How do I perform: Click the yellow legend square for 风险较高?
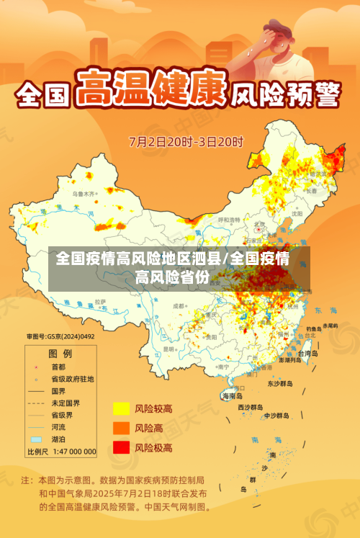pos(120,408)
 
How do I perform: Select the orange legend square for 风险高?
pos(120,428)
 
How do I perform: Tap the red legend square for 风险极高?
pos(120,447)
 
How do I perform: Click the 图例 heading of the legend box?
pos(60,354)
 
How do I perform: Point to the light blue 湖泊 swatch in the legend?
pos(36,439)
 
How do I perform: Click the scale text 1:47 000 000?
pos(71,452)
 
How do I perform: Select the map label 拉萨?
pos(100,301)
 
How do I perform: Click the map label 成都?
pos(179,305)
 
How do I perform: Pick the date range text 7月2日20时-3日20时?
pos(186,140)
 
